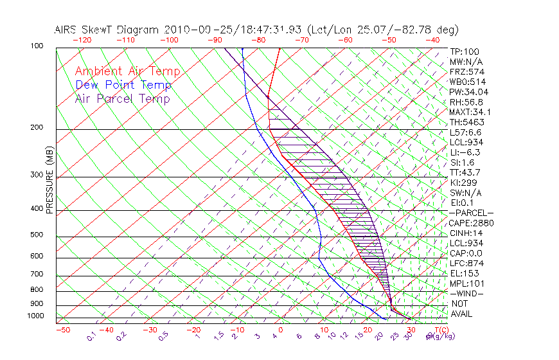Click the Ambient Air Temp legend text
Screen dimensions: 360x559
(x=127, y=71)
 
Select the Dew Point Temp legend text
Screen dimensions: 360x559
(x=123, y=85)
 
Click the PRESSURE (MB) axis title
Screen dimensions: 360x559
(x=50, y=183)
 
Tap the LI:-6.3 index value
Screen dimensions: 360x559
(x=465, y=152)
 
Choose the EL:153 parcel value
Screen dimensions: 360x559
(x=465, y=273)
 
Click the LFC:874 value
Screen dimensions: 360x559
(x=467, y=263)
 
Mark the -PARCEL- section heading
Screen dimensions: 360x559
(x=471, y=213)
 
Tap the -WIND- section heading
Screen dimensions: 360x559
(x=467, y=293)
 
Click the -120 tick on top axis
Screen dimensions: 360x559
(x=81, y=40)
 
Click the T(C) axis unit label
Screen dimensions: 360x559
(x=440, y=330)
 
